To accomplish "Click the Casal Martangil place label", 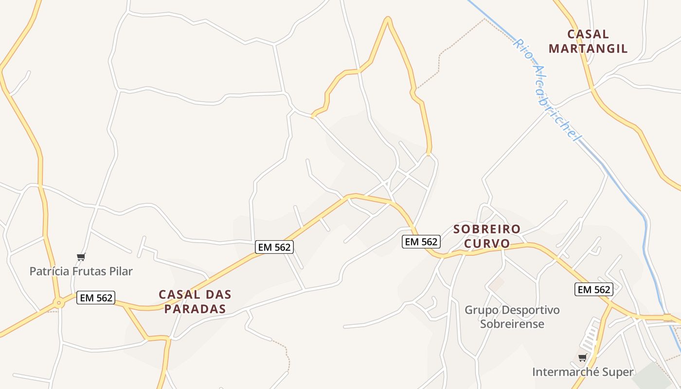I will point(588,41).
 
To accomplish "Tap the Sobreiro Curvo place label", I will point(487,236).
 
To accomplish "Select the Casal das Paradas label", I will point(195,301).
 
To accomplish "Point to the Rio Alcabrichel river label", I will point(547,90).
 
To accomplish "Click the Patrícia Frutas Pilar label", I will point(81,271).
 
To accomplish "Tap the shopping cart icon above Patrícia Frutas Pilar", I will point(81,257).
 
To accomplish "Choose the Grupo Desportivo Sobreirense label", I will point(512,317).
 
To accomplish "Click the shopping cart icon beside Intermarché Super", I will point(582,358).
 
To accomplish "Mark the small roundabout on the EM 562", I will point(59,303).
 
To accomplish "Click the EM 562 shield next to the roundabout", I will point(96,298).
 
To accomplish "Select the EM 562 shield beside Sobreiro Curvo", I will point(421,241).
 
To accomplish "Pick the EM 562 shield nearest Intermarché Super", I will point(593,289).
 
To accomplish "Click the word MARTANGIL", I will point(588,49).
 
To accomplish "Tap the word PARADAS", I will point(195,309).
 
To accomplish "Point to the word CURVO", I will point(487,243).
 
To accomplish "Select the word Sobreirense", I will point(512,324).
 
